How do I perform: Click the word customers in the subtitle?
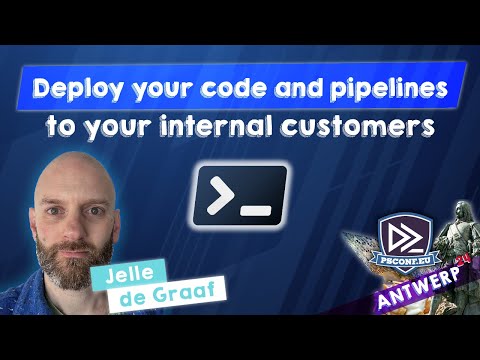coord(354,128)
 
